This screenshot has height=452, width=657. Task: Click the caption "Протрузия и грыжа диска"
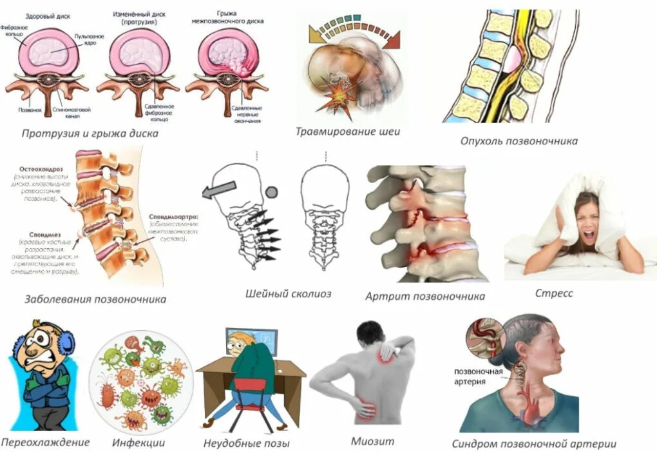[x=90, y=133]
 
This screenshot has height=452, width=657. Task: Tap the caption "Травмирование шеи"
[x=348, y=132]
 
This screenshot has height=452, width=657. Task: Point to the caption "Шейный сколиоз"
[x=288, y=294]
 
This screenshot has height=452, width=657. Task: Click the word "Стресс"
[x=553, y=293]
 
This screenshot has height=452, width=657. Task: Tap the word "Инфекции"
[x=138, y=442]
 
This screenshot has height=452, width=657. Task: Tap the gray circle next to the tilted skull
[x=272, y=192]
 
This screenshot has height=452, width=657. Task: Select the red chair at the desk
[x=249, y=394]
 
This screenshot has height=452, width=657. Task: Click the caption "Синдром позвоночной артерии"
[x=534, y=443]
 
